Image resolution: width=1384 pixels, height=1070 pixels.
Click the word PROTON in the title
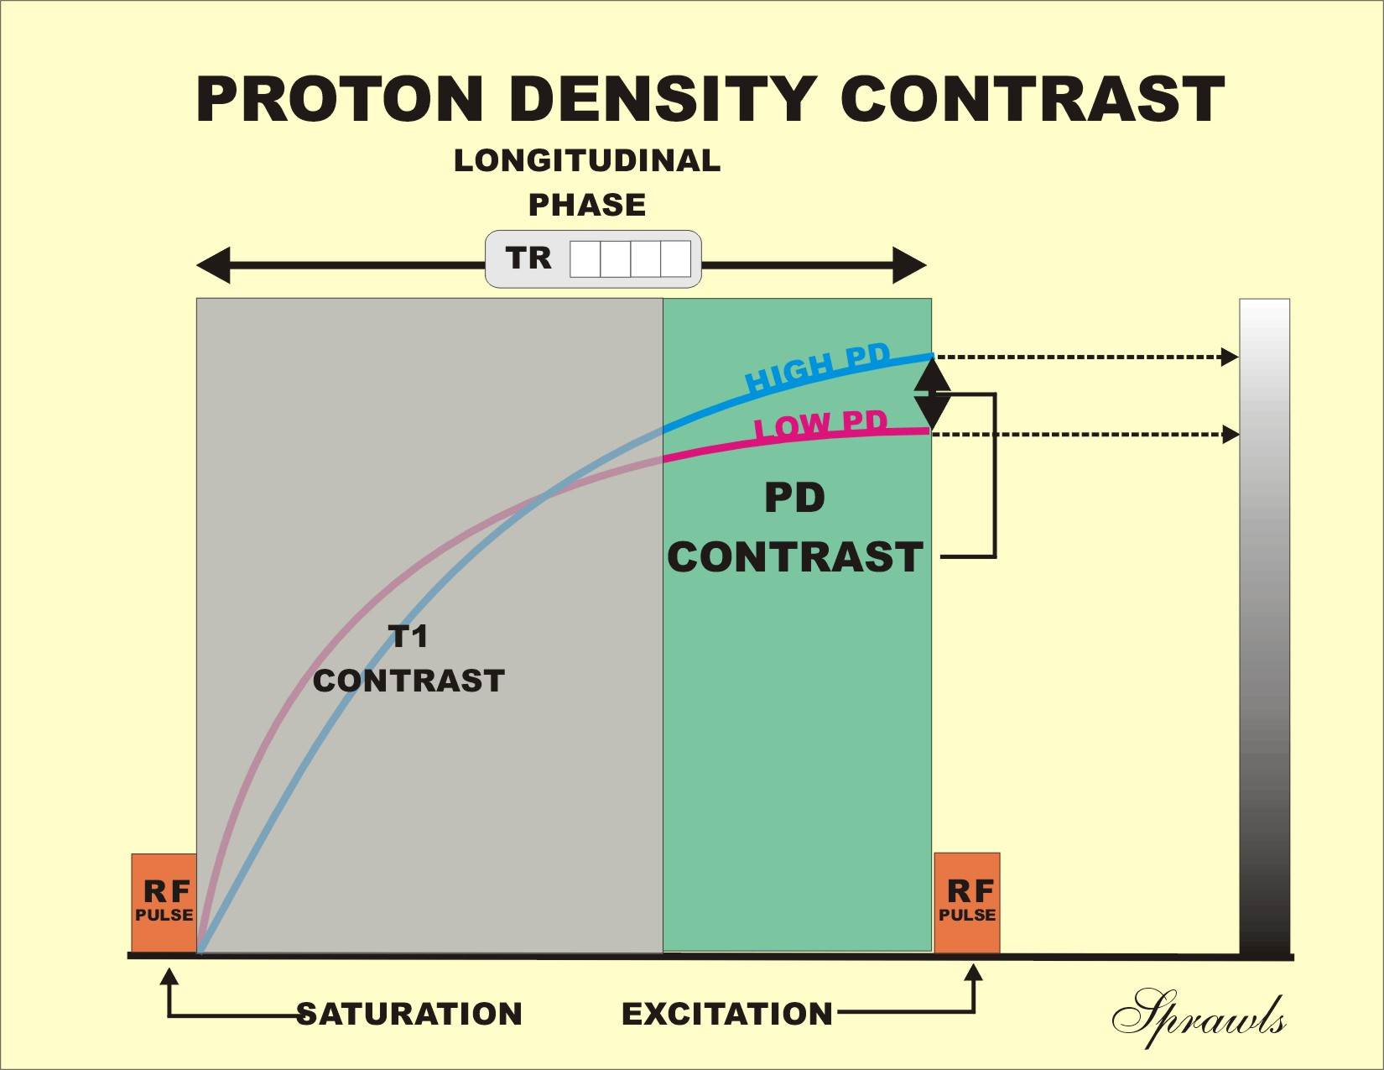340,99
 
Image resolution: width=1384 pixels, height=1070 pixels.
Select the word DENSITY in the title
663,99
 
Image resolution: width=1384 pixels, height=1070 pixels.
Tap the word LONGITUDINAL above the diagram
586,160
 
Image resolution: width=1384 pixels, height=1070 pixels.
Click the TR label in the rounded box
528,258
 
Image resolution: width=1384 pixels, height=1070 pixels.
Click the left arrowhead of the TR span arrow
213,265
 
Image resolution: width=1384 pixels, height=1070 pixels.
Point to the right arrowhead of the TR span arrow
909,265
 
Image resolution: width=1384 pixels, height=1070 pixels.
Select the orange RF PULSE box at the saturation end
164,903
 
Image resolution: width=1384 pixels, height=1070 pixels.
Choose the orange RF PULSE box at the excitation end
967,903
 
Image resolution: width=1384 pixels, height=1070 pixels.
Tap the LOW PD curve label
821,425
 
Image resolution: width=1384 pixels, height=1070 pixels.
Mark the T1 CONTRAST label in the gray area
408,658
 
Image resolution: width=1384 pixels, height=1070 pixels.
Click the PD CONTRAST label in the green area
795,527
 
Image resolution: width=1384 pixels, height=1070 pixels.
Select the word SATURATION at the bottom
409,1014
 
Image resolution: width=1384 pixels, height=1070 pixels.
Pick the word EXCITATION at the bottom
726,1014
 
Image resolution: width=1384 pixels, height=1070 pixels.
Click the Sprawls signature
1199,1018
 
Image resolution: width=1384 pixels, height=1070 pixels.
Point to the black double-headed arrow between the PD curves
933,394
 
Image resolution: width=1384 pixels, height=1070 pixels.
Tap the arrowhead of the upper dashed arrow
1230,357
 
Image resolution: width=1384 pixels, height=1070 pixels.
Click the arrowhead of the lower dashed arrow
1230,435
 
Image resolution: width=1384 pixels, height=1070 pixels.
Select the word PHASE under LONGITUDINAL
587,206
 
